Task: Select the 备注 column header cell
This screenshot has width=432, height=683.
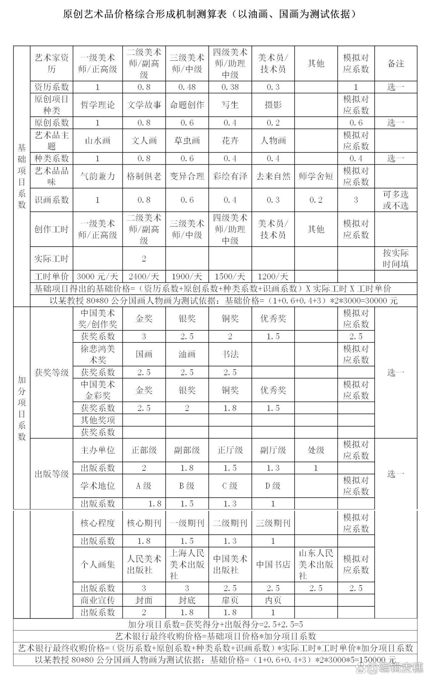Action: (x=395, y=63)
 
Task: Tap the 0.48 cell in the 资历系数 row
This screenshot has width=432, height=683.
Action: (x=187, y=87)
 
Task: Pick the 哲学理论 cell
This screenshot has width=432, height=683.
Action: (x=97, y=105)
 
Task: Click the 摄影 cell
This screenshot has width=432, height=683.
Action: (x=273, y=105)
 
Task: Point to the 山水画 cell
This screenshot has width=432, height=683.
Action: (x=97, y=141)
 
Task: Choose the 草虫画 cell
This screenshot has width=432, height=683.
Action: (x=187, y=141)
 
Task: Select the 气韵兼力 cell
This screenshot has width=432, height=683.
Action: (x=97, y=176)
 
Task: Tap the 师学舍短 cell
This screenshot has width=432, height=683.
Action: (x=316, y=176)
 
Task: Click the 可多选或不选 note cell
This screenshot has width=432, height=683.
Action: (x=395, y=200)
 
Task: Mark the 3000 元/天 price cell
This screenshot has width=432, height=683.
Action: (x=97, y=277)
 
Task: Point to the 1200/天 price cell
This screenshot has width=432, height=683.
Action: (x=273, y=277)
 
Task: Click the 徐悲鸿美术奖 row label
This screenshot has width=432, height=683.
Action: (x=97, y=354)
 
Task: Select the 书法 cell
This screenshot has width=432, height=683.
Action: (x=230, y=354)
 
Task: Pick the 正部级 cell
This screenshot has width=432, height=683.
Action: (x=144, y=450)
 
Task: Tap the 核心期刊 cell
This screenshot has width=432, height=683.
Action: (x=144, y=523)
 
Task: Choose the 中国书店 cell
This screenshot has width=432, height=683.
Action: (x=273, y=565)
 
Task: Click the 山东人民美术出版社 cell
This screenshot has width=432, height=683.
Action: (x=316, y=565)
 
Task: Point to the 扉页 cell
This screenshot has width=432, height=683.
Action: (x=230, y=600)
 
